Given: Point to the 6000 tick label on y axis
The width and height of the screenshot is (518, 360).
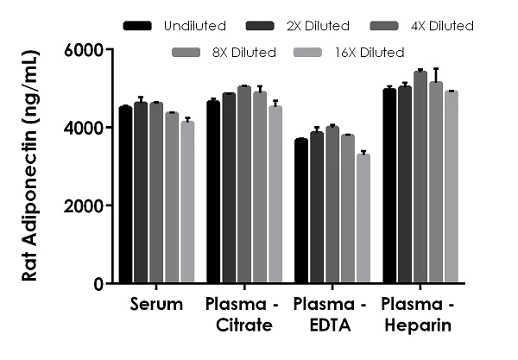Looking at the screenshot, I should point(85,50).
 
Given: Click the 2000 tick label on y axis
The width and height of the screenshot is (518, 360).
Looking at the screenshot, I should point(85,205).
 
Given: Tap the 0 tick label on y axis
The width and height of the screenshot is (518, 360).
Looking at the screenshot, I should point(98,284).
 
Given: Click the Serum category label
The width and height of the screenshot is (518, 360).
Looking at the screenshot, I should point(156,305).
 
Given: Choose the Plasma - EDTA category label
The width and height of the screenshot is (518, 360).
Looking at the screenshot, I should point(332,315).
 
